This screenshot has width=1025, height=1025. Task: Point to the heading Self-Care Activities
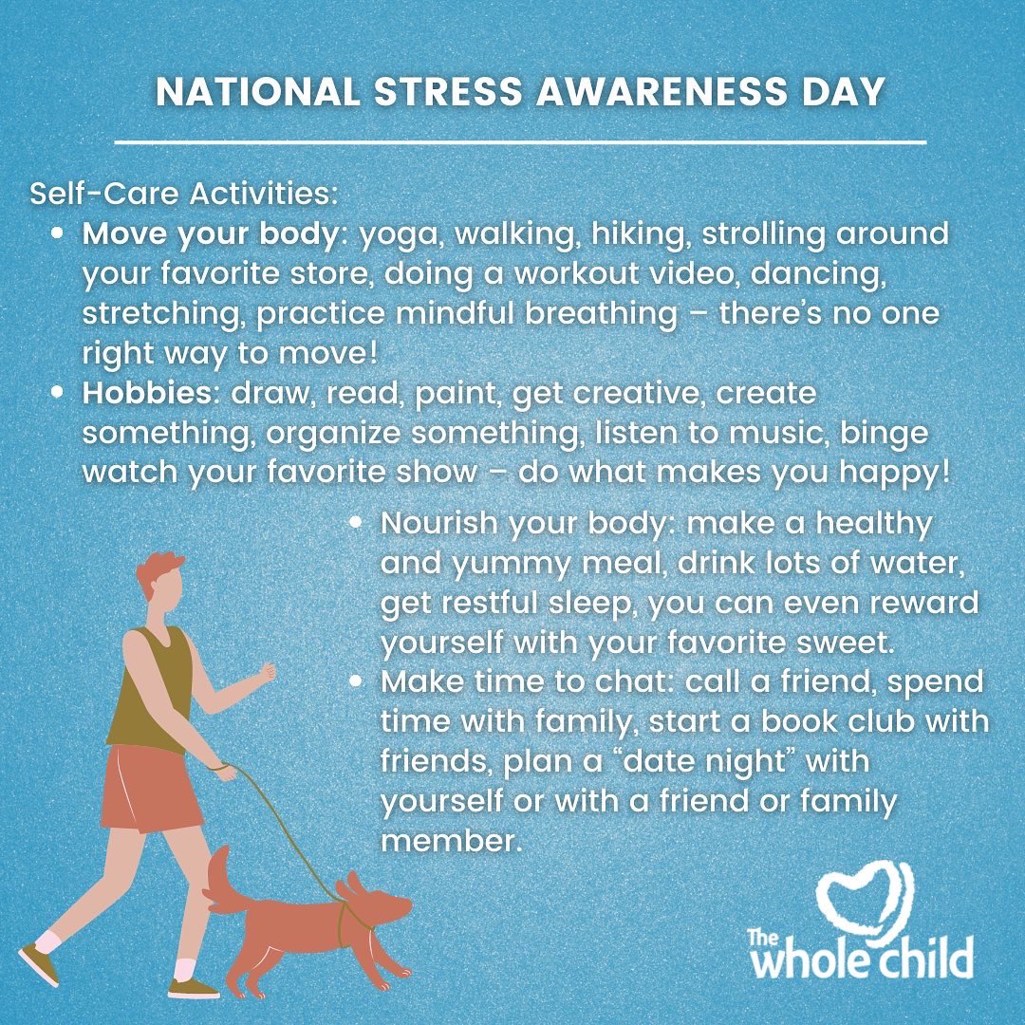[184, 195]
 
